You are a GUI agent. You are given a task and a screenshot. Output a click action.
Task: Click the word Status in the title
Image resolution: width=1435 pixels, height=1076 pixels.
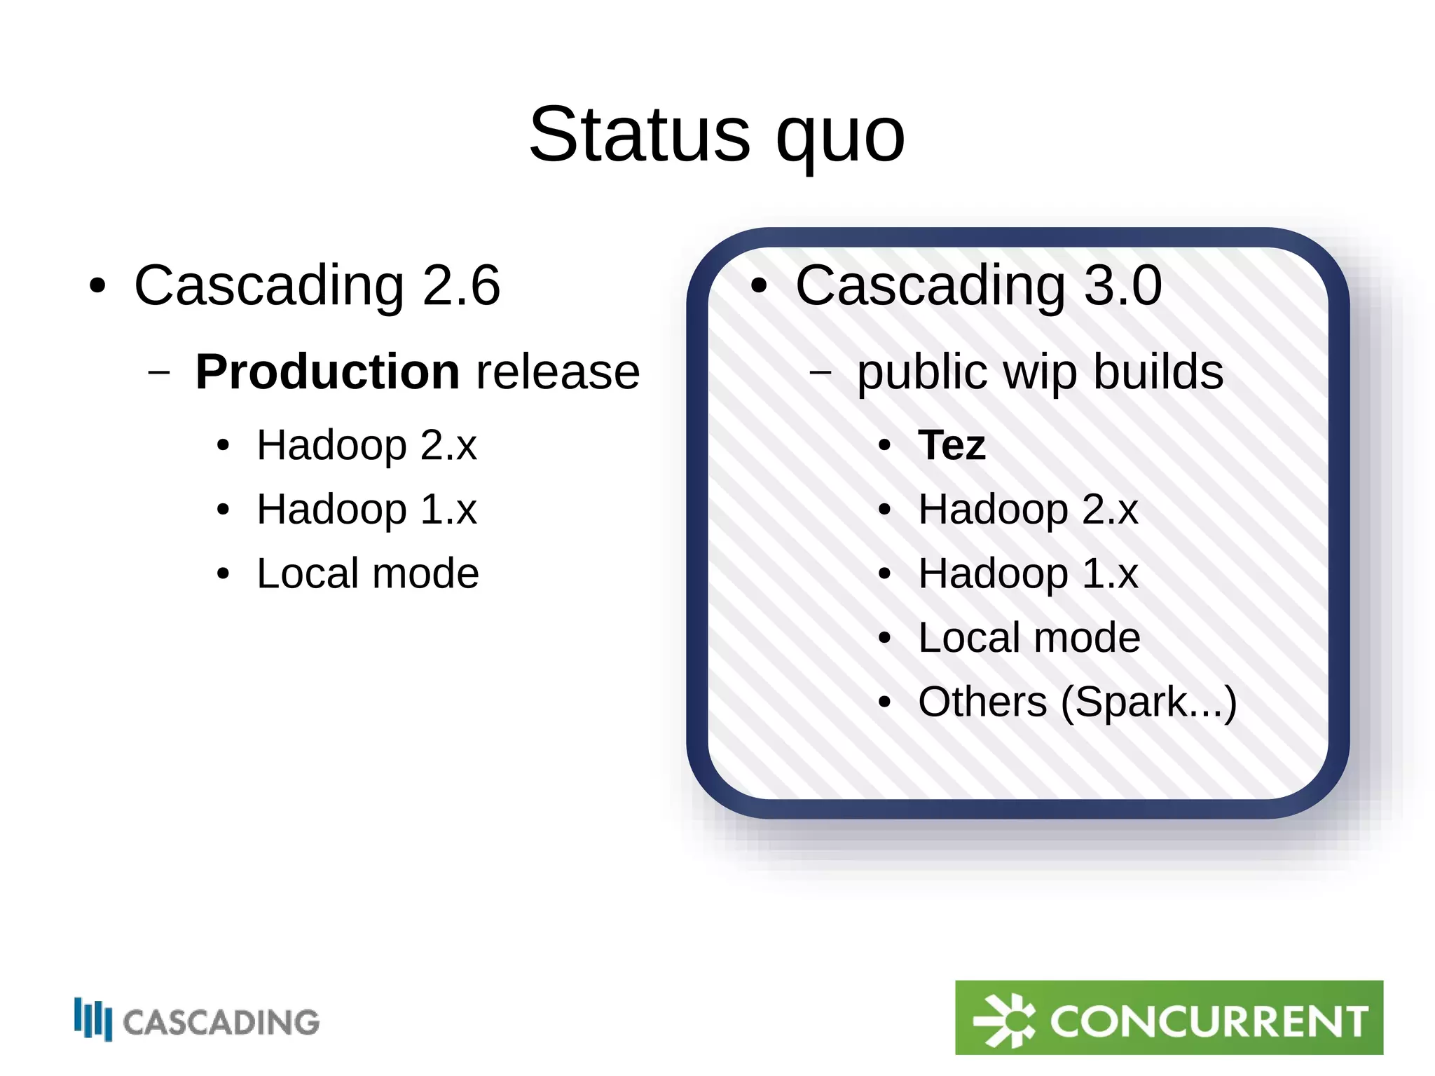point(639,135)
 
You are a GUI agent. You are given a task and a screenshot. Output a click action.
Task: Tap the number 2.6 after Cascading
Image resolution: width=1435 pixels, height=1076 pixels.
point(461,285)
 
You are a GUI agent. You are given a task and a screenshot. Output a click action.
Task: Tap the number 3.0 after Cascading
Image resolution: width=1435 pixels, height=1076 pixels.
point(1122,285)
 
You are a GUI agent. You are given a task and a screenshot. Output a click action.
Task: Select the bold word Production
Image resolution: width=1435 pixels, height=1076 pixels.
point(327,372)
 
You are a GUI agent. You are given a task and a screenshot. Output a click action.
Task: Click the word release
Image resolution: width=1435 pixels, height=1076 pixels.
point(558,372)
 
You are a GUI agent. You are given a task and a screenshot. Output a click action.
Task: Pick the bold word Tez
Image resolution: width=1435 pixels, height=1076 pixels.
point(952,445)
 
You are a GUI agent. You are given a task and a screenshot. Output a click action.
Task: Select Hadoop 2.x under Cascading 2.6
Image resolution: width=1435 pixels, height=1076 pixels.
point(366,445)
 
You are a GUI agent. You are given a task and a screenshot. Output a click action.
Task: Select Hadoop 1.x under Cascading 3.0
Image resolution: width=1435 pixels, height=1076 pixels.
point(1028,573)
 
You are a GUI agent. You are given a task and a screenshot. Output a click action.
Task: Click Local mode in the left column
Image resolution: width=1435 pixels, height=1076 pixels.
point(368,573)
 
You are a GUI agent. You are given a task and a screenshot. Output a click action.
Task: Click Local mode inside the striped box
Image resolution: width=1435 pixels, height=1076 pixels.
point(1029,638)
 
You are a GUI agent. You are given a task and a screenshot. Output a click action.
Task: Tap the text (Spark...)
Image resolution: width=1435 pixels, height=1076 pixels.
point(1149,702)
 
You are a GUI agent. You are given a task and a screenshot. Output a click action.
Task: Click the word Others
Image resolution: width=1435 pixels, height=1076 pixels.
point(982,702)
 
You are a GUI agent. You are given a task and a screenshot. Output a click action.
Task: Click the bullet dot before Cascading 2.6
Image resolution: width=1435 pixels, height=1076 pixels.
point(97,287)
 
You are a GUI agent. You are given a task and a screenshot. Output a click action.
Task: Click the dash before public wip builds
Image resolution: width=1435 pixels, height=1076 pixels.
point(821,372)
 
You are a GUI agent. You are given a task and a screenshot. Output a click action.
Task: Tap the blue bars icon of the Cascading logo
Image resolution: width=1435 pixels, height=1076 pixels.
point(93,1019)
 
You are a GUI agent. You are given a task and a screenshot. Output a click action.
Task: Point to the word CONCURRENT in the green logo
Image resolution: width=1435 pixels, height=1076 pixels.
point(1208,1021)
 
